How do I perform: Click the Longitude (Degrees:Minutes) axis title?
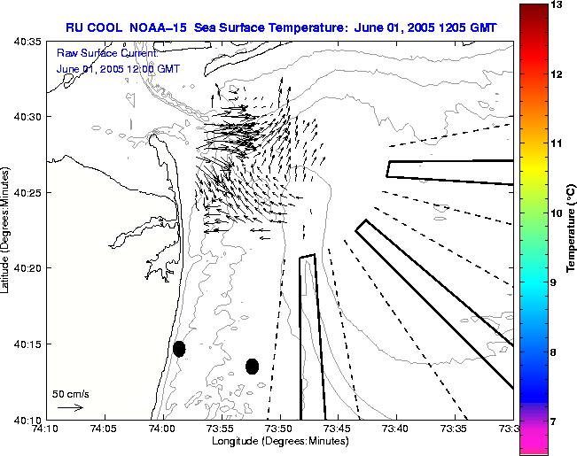279,442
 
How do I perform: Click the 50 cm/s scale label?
71,393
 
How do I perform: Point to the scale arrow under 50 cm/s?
70,407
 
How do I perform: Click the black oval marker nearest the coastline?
179,349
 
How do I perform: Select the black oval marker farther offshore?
252,366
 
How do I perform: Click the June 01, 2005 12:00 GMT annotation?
106,68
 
